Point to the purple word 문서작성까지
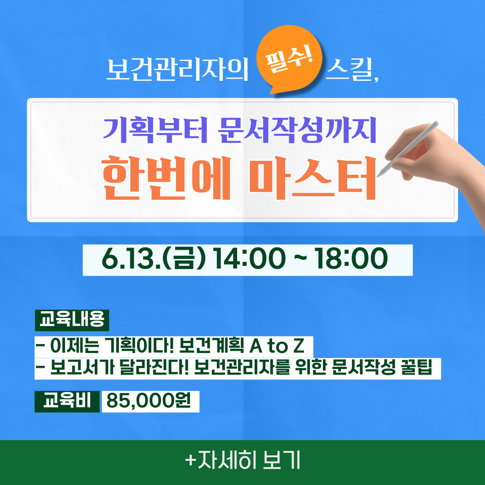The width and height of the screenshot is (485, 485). [297, 130]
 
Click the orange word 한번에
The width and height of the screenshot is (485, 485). [167, 178]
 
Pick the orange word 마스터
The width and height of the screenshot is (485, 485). [313, 178]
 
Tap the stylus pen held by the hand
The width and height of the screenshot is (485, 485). [408, 149]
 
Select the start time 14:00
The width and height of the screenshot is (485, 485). [249, 259]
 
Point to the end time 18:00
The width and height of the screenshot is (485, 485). [351, 259]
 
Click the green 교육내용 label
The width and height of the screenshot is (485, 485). [72, 320]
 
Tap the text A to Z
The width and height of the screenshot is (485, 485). [277, 346]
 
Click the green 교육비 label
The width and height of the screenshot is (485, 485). [67, 401]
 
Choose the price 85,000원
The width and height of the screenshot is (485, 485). [149, 401]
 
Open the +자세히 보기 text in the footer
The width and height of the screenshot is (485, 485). [242, 461]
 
